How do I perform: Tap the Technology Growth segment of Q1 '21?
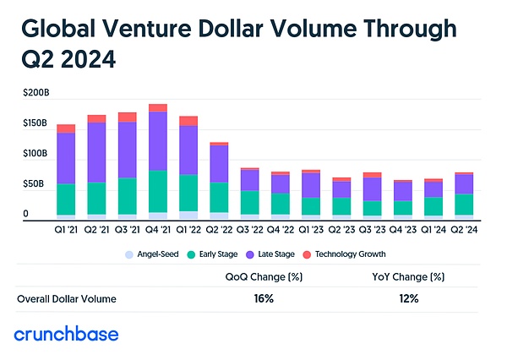point(66,128)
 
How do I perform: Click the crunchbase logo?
point(67,334)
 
